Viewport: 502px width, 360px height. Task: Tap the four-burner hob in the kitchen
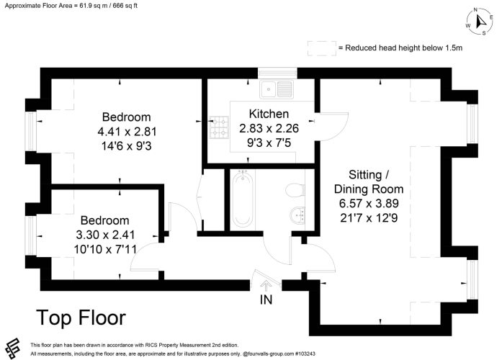point(219,127)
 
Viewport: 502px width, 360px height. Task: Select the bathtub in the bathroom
point(242,199)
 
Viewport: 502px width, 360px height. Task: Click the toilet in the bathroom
point(295,190)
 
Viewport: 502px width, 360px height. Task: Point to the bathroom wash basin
point(297,215)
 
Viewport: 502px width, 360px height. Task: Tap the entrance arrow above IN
point(266,285)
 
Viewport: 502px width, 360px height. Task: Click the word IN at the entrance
point(266,300)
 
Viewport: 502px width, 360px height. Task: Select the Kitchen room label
point(269,114)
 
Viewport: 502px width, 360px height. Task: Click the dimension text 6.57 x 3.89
point(369,203)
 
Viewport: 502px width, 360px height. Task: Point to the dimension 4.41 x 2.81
point(127,132)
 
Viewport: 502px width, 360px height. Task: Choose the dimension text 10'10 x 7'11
point(105,249)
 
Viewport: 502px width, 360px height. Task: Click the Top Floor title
point(81,318)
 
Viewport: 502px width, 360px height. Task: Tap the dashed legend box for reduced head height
point(322,48)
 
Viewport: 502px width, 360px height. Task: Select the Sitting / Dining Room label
point(369,181)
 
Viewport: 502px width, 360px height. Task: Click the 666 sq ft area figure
point(125,6)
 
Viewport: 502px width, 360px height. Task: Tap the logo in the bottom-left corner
point(13,348)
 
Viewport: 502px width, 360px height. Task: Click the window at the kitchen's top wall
point(277,73)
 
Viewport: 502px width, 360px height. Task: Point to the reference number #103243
point(305,354)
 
